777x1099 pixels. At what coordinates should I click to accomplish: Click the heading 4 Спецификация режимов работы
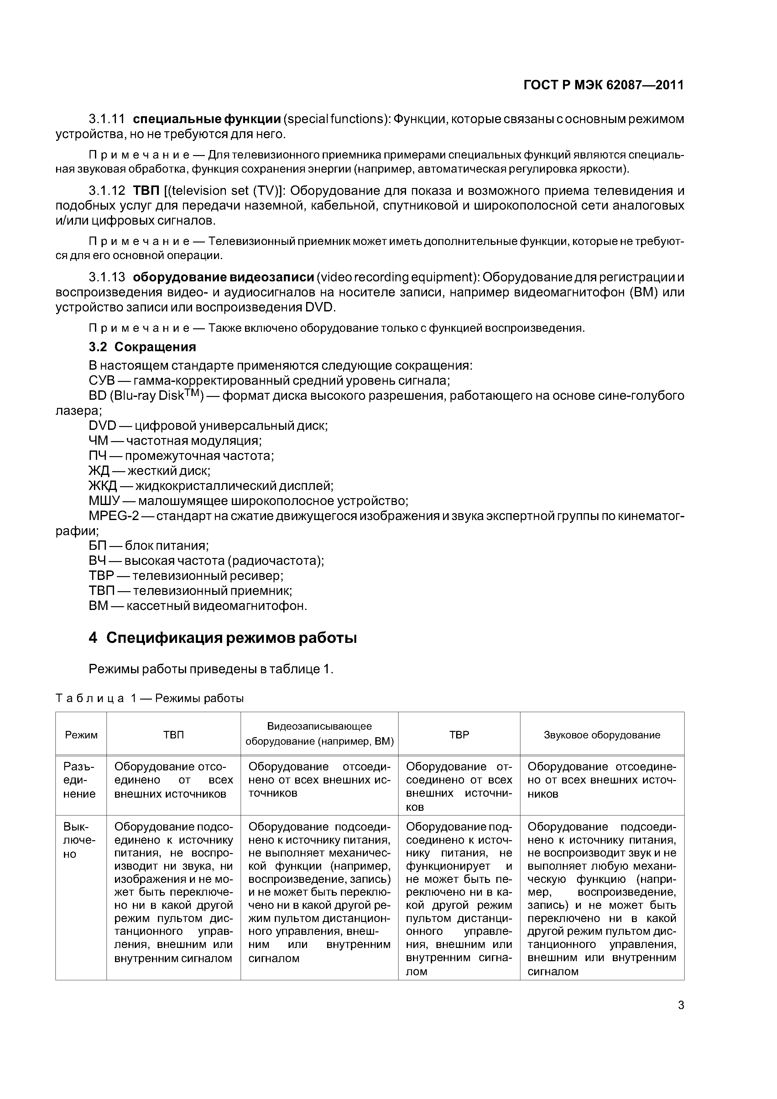[x=223, y=638]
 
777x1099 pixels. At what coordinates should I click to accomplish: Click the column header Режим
[x=81, y=735]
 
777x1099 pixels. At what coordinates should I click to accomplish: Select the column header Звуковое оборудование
[x=602, y=735]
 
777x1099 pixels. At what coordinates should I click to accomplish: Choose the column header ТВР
[x=459, y=735]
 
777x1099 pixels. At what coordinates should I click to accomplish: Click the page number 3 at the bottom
[x=681, y=1005]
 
